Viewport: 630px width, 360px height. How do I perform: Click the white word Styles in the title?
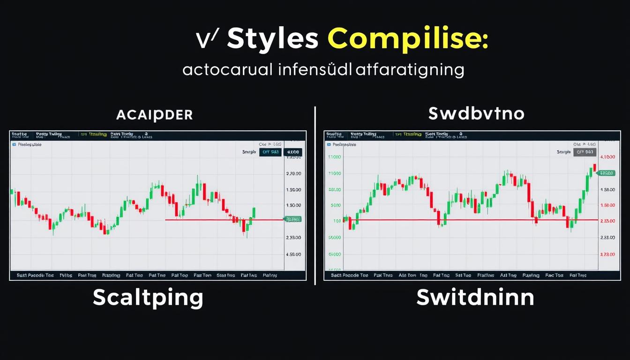272,39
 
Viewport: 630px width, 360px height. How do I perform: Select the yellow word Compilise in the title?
408,39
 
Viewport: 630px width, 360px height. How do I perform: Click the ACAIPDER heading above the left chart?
154,115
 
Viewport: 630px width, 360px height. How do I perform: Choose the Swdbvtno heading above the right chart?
476,114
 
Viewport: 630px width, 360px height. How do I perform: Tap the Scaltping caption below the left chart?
148,298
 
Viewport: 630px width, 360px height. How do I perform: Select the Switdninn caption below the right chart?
475,298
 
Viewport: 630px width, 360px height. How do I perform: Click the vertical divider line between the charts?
315,195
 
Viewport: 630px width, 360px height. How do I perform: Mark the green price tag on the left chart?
293,219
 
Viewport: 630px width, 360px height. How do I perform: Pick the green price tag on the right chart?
606,173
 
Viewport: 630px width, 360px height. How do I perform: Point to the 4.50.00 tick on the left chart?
293,255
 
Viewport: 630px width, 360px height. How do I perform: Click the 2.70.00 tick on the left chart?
293,173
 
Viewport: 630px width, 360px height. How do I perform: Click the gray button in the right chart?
585,152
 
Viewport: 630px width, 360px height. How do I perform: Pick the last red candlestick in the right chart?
594,167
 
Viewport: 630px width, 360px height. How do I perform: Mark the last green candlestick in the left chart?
254,213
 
